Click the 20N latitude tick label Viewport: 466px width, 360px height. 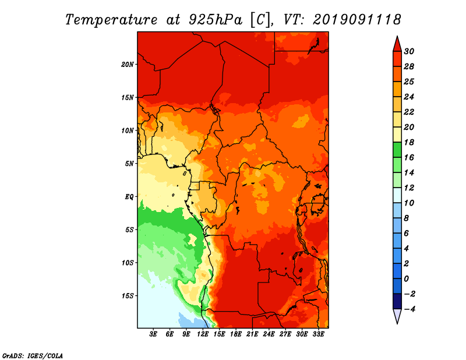tap(127, 65)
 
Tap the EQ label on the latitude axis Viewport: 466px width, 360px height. tap(129, 197)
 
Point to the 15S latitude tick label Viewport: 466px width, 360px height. tap(127, 296)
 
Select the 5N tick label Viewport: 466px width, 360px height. tap(129, 164)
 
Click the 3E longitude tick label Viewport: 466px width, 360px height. tap(153, 334)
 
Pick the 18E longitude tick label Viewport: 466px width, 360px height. tap(236, 334)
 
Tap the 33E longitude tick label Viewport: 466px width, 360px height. tap(318, 334)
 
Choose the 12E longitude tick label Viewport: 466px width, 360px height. tap(203, 334)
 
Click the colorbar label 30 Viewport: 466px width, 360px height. tap(409, 51)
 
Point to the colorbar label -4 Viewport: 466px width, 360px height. tap(409, 309)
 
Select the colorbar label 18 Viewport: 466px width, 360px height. tap(409, 142)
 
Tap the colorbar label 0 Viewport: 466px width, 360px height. tap(407, 279)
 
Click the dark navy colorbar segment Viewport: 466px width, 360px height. tap(397, 301)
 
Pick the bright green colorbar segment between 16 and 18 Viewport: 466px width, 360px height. tap(397, 150)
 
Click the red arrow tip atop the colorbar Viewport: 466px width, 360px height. tap(397, 36)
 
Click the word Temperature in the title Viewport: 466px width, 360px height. tap(111, 20)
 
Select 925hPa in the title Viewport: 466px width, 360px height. tap(216, 20)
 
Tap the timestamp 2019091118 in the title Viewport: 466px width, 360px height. tap(357, 20)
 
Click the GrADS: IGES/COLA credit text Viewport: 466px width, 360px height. tap(33, 356)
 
